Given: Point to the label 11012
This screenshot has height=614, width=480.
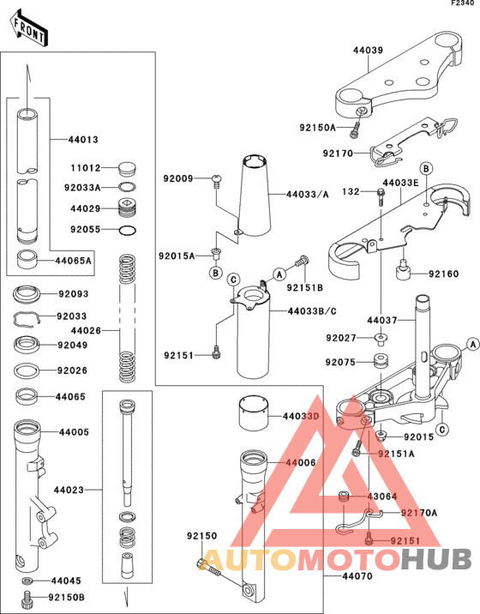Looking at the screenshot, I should point(85,169).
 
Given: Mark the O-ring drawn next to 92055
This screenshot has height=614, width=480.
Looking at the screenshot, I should point(125,230).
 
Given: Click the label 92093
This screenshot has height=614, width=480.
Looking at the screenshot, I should point(73,294).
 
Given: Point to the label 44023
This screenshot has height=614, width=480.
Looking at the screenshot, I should point(68,491).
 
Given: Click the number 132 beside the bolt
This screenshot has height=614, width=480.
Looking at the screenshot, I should point(350,191).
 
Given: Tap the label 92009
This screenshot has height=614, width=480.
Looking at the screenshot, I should point(177,179).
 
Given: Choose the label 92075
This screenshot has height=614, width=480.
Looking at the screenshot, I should point(339,362).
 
